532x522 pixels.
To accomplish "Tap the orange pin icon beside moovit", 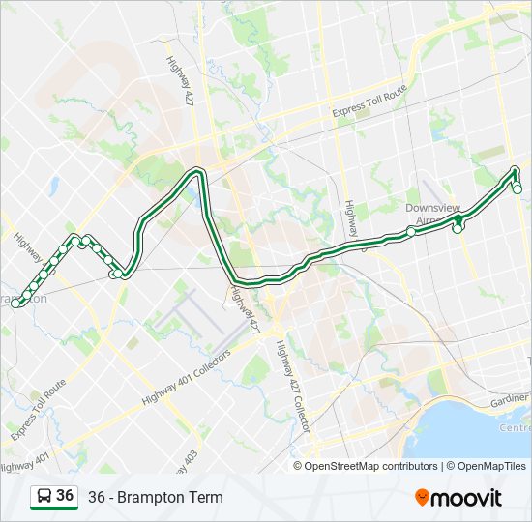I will point(423,497).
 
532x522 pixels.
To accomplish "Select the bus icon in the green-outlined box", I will point(44,497).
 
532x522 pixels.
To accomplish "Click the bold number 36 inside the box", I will point(65,496).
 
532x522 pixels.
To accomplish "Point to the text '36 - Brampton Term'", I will point(155,498).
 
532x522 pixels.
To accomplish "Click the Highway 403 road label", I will point(190,461).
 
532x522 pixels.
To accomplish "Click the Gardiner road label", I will point(510,399).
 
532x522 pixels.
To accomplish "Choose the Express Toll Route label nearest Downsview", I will point(369,101).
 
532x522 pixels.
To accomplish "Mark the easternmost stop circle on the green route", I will point(517,188).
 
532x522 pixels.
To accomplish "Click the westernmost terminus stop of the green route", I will point(16,304).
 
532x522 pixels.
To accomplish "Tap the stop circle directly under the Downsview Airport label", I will point(413,232).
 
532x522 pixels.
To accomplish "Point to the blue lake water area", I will point(464,425).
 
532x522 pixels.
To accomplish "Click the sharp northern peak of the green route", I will point(198,171).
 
